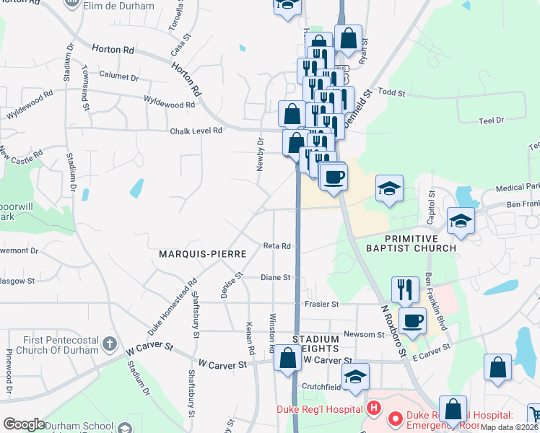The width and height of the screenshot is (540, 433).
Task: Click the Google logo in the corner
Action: (x=24, y=424)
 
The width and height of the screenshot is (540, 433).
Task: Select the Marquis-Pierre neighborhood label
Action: (x=203, y=254)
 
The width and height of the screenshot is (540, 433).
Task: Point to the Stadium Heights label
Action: (x=315, y=344)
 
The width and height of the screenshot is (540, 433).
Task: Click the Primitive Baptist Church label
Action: (x=420, y=243)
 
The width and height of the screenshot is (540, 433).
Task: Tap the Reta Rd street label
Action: (x=276, y=246)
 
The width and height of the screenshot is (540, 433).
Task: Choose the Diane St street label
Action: (x=275, y=277)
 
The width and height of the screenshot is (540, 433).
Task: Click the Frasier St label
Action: (x=321, y=305)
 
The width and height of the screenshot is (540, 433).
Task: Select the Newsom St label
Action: (x=365, y=334)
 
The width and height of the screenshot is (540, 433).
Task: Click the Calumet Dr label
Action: (x=119, y=76)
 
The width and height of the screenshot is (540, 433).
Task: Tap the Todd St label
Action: (x=393, y=92)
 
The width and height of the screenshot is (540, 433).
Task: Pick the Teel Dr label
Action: (x=490, y=121)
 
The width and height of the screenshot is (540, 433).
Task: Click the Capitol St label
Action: (x=432, y=205)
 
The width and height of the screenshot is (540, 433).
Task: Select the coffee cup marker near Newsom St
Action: (x=412, y=320)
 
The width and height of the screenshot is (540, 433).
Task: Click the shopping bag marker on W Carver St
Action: (x=287, y=358)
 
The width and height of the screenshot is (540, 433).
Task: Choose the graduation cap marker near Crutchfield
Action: (x=355, y=376)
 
